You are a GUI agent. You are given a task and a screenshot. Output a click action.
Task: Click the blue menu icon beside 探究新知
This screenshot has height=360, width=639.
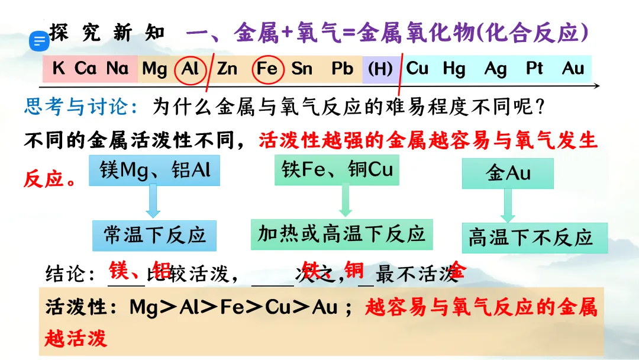[x=40, y=41]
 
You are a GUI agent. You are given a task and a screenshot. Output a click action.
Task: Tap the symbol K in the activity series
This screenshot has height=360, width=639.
[x=58, y=69]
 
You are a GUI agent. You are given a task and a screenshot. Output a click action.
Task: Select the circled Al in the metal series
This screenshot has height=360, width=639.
[x=190, y=69]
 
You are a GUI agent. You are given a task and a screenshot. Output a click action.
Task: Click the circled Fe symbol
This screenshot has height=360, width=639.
[x=267, y=69]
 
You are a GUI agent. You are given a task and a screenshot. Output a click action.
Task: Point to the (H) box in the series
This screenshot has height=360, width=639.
[x=380, y=69]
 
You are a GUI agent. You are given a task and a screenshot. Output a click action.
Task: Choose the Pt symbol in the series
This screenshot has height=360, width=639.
[x=534, y=69]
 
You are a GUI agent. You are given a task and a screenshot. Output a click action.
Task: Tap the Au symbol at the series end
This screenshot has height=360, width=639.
[x=573, y=69]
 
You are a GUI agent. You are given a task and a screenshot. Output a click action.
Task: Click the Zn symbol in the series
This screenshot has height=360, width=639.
[x=227, y=69]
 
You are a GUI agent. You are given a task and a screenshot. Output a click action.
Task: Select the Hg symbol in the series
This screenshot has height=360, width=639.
[x=454, y=69]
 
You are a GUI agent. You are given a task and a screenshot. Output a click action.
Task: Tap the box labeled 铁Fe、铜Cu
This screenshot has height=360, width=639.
[x=337, y=170]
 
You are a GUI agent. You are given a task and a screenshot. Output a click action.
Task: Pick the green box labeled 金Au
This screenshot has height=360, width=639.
[x=508, y=173]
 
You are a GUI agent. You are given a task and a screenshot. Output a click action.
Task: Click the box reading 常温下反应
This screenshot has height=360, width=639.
[x=154, y=235]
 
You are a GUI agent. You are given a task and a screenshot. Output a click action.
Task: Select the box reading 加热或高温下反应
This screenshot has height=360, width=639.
[x=341, y=234]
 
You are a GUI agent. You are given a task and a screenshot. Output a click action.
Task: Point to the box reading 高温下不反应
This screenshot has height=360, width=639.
[x=530, y=238]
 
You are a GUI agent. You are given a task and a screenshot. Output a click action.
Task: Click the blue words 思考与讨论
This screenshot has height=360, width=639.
[x=80, y=107]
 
